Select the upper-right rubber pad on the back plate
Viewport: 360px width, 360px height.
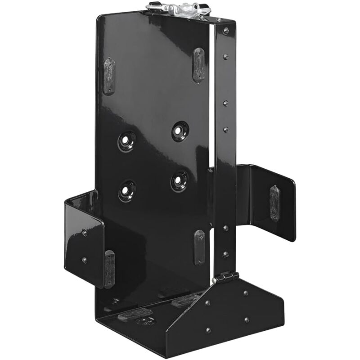tap(198, 65)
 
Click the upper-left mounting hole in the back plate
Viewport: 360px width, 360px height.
tap(127, 141)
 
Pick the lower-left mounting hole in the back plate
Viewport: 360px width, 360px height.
tap(126, 190)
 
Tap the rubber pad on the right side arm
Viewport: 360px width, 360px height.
tap(274, 203)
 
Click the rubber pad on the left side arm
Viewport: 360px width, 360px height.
tap(109, 269)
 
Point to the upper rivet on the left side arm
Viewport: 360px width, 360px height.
tap(85, 232)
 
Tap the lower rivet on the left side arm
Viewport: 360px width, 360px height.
tap(84, 260)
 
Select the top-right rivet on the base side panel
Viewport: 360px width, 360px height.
tap(245, 293)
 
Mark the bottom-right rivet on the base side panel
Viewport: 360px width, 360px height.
tap(247, 320)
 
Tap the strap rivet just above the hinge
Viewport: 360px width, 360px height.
tap(225, 255)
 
